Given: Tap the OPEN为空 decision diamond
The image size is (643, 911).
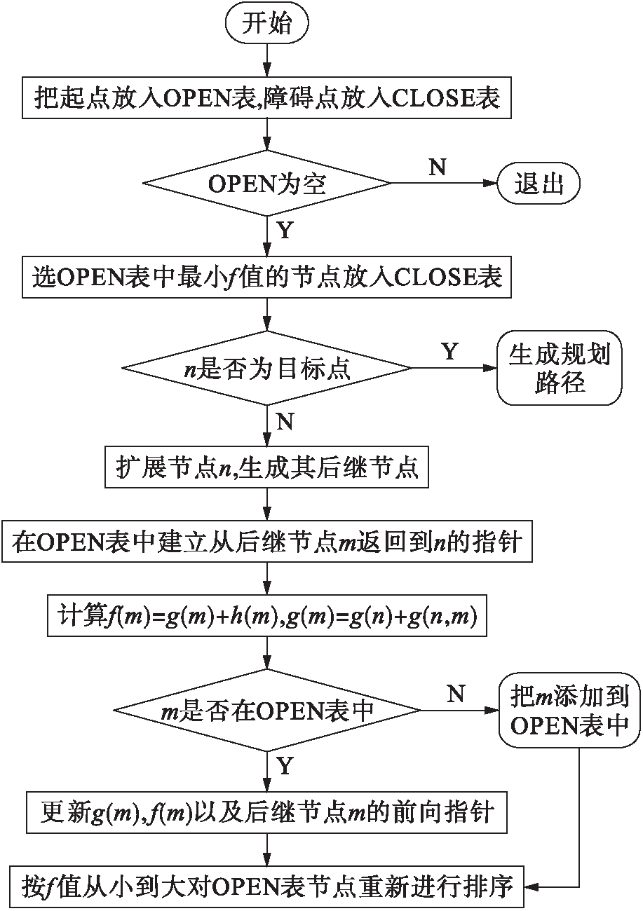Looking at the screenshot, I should pyautogui.click(x=266, y=184).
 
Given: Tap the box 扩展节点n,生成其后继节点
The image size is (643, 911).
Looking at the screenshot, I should pyautogui.click(x=266, y=467).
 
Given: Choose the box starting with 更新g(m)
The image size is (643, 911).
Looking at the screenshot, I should pyautogui.click(x=266, y=812).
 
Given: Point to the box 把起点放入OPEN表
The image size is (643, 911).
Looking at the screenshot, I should pyautogui.click(x=266, y=98).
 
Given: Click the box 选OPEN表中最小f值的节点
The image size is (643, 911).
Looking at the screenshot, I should pyautogui.click(x=266, y=278).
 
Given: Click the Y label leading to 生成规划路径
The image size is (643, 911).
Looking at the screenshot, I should pyautogui.click(x=449, y=351).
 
